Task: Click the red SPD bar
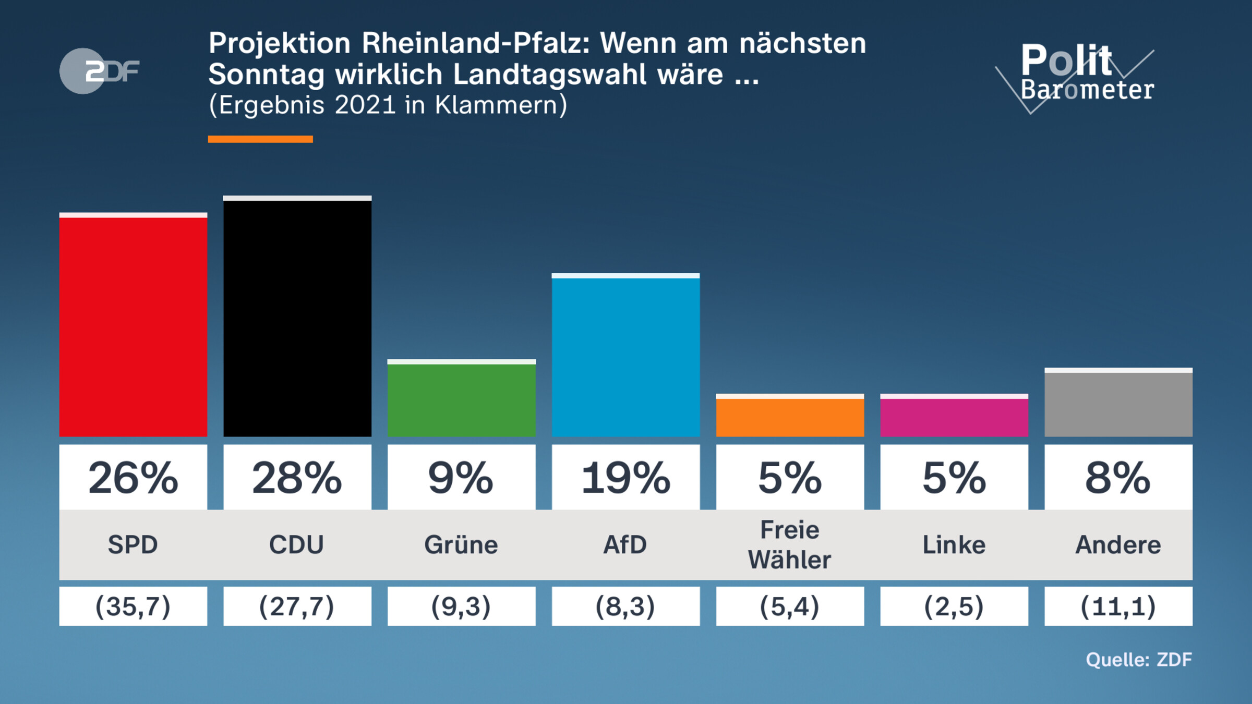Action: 133,326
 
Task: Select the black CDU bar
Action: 297,318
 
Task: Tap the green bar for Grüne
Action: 462,399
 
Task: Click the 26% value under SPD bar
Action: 133,478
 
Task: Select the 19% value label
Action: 625,478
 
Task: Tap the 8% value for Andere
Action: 1118,478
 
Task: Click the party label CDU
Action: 297,545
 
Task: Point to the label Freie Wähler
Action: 790,545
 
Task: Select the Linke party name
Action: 954,545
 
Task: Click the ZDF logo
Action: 99,71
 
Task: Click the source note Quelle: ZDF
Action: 1139,660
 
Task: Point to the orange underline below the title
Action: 260,139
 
